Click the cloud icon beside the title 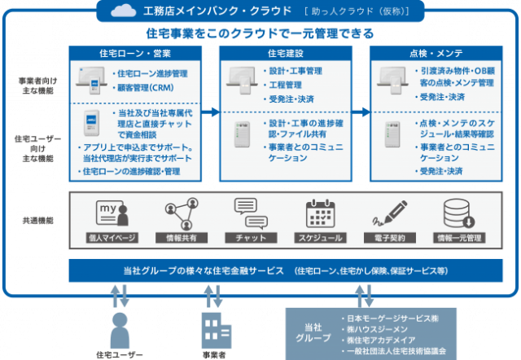point(125,11)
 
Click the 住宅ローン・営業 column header point(134,53)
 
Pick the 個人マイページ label point(112,238)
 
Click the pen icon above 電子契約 point(386,213)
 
